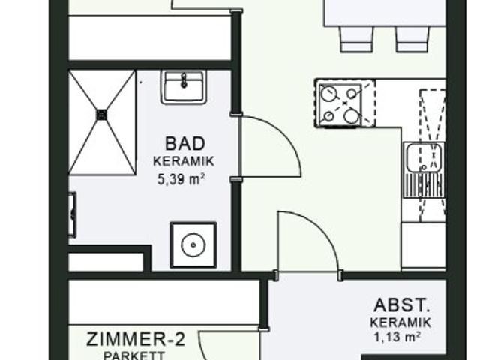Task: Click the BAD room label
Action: (x=184, y=143)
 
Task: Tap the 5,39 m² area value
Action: (x=181, y=179)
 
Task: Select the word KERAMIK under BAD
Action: (x=184, y=161)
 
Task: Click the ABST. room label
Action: (x=402, y=305)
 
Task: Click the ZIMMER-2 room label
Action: (x=134, y=339)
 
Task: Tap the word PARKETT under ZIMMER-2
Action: (x=134, y=355)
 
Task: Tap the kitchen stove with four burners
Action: (x=340, y=103)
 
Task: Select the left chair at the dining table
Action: (x=355, y=39)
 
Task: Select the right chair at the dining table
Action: (x=412, y=39)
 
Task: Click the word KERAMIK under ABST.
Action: (x=400, y=322)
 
